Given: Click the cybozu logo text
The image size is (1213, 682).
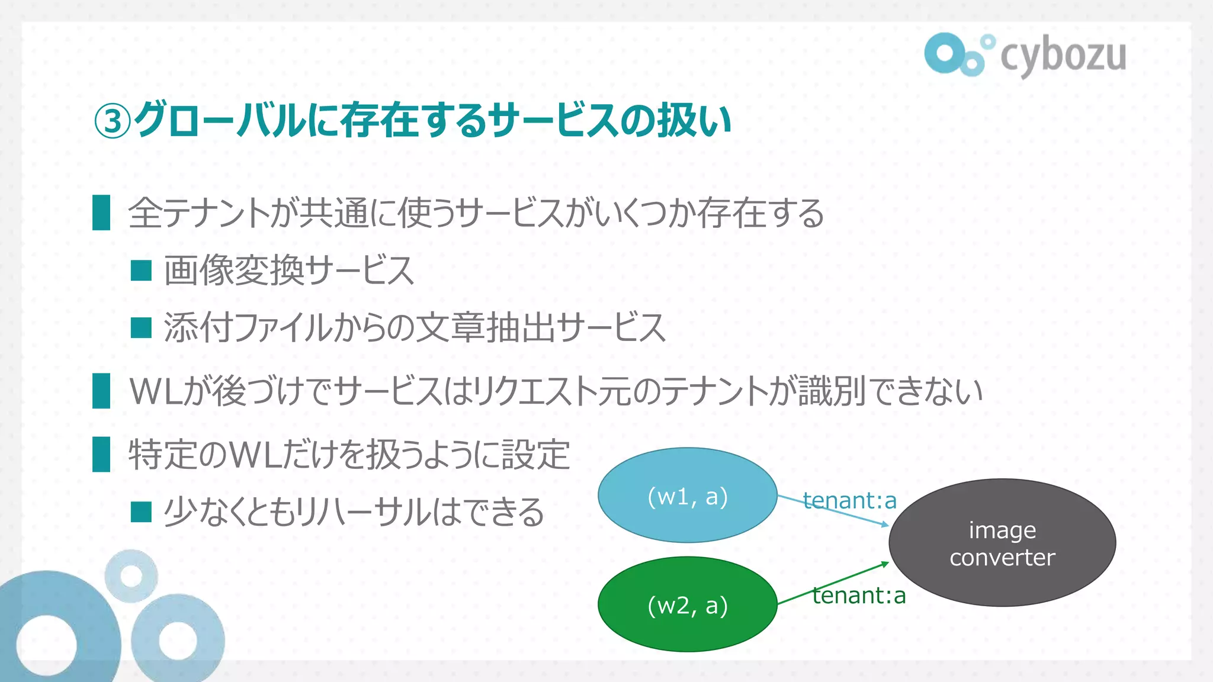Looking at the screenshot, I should pos(1063,56).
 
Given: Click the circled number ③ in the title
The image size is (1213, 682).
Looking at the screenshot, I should pos(112,121).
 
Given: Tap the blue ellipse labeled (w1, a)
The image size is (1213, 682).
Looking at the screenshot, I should pos(687,496).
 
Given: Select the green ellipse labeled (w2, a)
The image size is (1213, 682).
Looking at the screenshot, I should pos(687,604).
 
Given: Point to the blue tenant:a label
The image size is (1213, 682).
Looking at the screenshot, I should pos(849,501).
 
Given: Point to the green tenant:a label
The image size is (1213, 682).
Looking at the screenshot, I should pos(859,596).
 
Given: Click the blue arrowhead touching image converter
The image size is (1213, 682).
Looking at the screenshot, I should pos(885,524).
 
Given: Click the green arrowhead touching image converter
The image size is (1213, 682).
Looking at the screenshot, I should pos(885,564).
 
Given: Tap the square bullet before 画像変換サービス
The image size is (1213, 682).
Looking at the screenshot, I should pos(141,271).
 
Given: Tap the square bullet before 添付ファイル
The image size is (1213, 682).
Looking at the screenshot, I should pos(141,327).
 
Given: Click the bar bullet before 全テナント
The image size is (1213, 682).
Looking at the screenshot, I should pos(101,213).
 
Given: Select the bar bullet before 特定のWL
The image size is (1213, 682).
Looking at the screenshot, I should pos(101,454).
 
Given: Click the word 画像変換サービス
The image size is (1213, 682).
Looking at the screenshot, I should pos(288,271).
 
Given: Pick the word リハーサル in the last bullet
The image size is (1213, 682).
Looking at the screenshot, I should pos(362,512).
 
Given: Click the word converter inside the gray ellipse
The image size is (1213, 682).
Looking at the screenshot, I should pos(1002,558).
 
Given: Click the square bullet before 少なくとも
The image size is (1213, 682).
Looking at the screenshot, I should pos(141,512).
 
